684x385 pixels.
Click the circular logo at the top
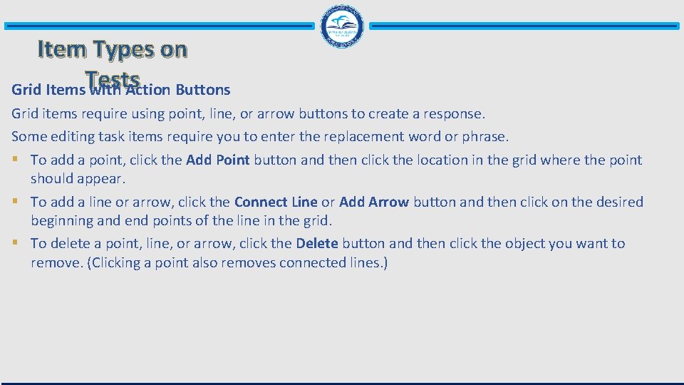point(342,26)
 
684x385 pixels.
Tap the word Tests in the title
point(113,78)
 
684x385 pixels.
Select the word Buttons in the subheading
point(202,90)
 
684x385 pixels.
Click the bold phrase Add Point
point(217,160)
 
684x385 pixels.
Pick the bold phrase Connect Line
point(276,202)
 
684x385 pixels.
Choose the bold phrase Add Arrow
point(374,202)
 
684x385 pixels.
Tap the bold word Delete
point(317,244)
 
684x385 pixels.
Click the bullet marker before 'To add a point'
point(16,160)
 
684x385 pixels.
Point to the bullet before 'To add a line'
point(16,202)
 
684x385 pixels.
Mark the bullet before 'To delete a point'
point(16,244)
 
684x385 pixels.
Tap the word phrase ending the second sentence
point(485,137)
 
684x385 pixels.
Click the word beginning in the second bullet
point(62,222)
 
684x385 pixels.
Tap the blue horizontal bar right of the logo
point(524,26)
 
